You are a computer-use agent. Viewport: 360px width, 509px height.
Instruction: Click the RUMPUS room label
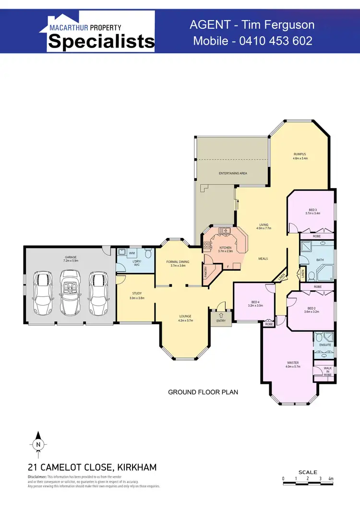pos(300,154)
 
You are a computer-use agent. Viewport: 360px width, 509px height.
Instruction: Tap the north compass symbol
pos(38,444)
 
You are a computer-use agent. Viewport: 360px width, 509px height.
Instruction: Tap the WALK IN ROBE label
pos(327,370)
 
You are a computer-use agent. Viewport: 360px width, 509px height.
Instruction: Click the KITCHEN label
pos(225,248)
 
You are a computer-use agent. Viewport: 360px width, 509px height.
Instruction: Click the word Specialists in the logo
pos(101,42)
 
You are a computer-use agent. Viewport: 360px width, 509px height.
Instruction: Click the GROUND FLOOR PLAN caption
pos(203,392)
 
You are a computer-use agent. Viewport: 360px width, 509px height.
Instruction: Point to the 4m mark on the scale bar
pos(331,478)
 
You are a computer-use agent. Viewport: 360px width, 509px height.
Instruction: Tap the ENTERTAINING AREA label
pos(233,173)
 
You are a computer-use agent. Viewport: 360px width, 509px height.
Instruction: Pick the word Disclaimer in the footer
pos(36,477)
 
